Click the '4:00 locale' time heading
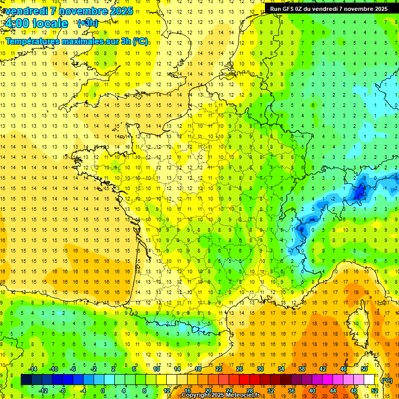(36, 23)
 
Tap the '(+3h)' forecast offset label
(87, 23)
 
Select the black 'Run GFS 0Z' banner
(329, 8)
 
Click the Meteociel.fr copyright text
(221, 395)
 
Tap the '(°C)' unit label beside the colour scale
(387, 380)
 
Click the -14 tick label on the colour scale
(33, 369)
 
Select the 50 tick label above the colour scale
(364, 369)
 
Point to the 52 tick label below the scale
(375, 391)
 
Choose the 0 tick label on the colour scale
(102, 391)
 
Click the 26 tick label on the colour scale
(239, 369)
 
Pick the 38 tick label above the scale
(301, 369)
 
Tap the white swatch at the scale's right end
(369, 380)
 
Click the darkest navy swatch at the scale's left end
(26, 380)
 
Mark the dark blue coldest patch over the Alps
(359, 193)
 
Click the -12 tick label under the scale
(44, 391)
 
